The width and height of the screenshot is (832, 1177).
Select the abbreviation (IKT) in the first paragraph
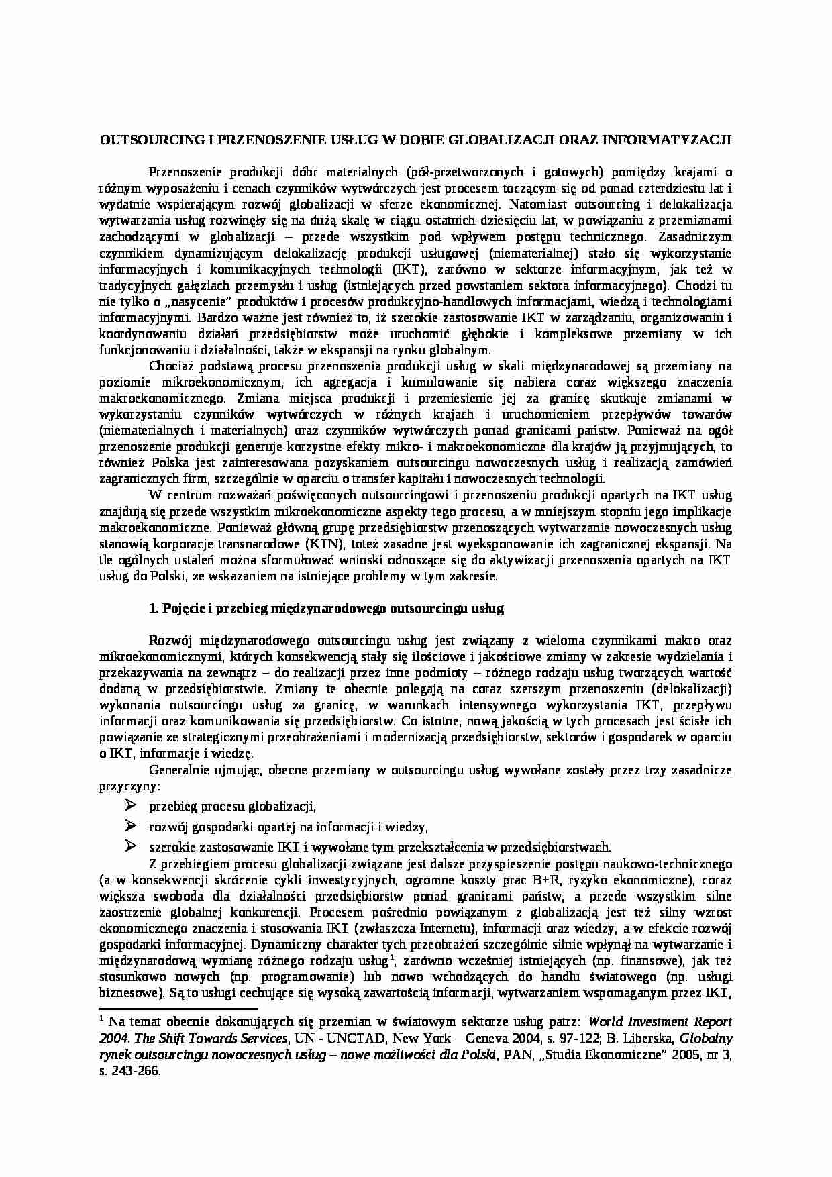click(407, 269)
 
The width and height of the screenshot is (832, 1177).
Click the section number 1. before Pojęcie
click(153, 609)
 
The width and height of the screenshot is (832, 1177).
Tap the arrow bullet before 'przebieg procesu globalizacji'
click(131, 805)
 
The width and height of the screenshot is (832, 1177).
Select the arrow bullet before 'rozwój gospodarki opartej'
click(131, 825)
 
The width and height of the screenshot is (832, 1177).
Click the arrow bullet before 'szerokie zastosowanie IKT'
click(131, 846)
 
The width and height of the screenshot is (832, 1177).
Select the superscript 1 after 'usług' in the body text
click(391, 958)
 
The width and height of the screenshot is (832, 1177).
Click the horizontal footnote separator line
click(178, 1008)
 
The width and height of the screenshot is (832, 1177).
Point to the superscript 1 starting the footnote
click(101, 1019)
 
